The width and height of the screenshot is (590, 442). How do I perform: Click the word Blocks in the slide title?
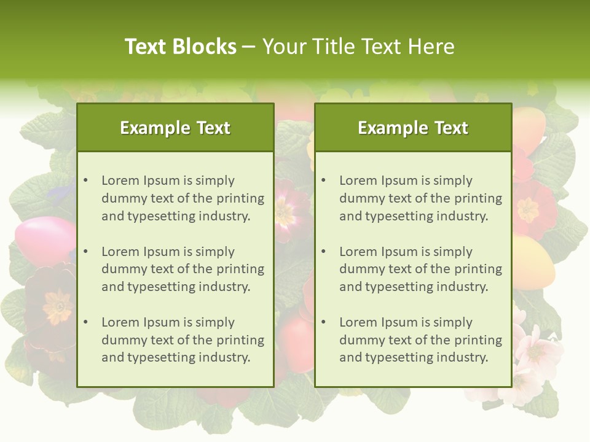[205, 47]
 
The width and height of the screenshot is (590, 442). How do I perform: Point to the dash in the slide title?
[250, 47]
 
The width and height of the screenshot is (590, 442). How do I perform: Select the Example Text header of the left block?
[175, 128]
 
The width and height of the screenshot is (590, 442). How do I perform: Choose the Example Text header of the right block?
[413, 128]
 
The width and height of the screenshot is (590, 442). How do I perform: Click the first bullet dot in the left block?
[85, 180]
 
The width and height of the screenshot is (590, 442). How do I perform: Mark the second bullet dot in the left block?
[85, 252]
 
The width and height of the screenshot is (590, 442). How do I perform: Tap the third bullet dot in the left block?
[85, 322]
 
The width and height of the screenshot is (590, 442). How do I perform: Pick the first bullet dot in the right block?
[323, 180]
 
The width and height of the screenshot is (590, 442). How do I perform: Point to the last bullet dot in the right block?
[323, 322]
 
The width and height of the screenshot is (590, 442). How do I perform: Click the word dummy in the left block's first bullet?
[122, 198]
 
